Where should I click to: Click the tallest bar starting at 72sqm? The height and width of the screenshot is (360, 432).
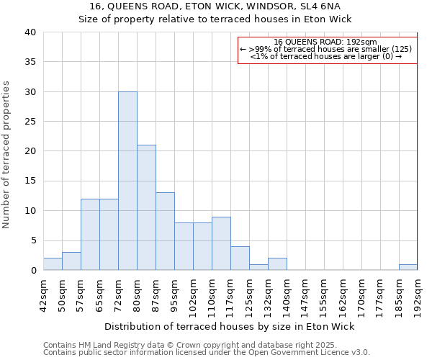click(127, 181)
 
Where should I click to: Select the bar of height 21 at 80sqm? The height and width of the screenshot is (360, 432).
click(146, 208)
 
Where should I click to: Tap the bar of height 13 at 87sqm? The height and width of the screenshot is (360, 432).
click(165, 232)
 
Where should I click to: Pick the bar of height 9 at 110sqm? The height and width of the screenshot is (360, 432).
click(221, 243)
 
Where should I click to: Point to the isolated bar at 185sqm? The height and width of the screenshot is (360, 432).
click(408, 267)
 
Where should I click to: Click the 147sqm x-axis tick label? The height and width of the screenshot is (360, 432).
click(305, 293)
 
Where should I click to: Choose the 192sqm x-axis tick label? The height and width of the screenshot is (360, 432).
click(418, 293)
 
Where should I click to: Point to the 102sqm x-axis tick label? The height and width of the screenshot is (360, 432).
click(193, 293)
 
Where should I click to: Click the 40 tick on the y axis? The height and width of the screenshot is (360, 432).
click(30, 32)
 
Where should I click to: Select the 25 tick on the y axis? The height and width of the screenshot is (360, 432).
click(30, 122)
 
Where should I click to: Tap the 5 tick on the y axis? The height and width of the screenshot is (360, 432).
click(32, 240)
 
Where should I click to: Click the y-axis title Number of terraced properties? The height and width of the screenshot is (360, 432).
click(7, 155)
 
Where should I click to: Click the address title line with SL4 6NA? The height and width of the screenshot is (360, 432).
click(215, 7)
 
